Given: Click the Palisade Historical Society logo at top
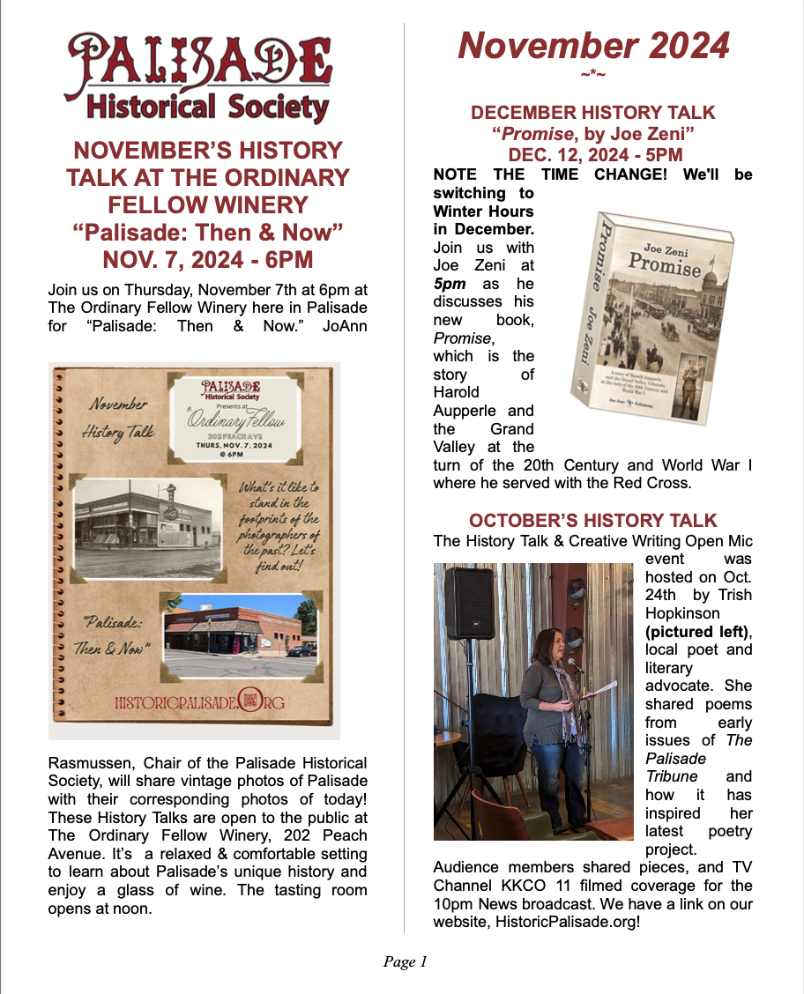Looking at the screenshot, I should tap(201, 77).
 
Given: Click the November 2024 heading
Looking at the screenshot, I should tap(593, 45).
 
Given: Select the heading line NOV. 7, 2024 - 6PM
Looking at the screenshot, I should tap(208, 260).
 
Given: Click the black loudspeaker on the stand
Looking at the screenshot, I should tap(469, 603).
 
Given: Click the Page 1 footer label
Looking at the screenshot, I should tap(405, 961).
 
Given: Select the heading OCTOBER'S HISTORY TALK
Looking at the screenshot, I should tap(592, 520).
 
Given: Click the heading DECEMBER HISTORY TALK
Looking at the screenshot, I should tap(592, 113).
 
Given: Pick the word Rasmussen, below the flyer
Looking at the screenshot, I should tap(93, 762).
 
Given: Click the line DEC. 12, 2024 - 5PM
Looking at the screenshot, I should tap(592, 155).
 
